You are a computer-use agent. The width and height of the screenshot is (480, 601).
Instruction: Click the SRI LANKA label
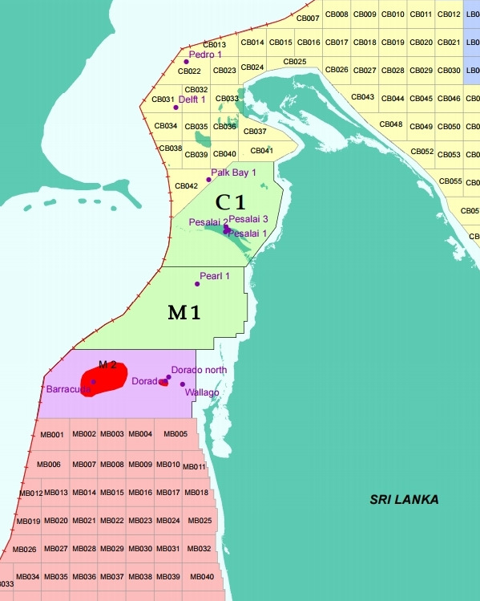pyautogui.click(x=404, y=499)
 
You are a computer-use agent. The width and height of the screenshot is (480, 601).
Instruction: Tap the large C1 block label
pyautogui.click(x=230, y=203)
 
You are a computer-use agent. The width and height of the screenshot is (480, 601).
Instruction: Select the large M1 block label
pyautogui.click(x=184, y=312)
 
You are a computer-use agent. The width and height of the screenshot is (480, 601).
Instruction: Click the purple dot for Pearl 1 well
pyautogui.click(x=197, y=284)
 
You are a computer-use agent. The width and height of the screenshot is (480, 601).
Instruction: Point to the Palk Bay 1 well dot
pyautogui.click(x=209, y=179)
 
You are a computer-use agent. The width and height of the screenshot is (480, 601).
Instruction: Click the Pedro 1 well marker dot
pyautogui.click(x=186, y=62)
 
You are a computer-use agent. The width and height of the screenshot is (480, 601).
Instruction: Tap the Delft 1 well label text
pyautogui.click(x=192, y=99)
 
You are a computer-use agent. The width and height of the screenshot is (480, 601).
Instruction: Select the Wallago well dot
pyautogui.click(x=183, y=384)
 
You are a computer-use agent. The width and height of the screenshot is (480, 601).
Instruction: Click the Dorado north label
pyautogui.click(x=199, y=370)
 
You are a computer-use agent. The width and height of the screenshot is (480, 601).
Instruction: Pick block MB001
pyautogui.click(x=51, y=435)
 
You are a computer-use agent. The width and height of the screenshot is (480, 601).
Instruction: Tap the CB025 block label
pyautogui.click(x=295, y=62)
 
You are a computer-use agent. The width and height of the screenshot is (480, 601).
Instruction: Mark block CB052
pyautogui.click(x=422, y=152)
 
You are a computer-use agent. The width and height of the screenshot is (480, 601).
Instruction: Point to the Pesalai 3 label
pyautogui.click(x=248, y=218)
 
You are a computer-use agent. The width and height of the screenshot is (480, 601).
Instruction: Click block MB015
pyautogui.click(x=112, y=493)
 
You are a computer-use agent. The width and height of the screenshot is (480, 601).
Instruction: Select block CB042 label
pyautogui.click(x=187, y=186)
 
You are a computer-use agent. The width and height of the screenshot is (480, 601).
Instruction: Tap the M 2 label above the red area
pyautogui.click(x=108, y=365)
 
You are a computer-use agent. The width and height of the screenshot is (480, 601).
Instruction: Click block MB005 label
pyautogui.click(x=175, y=434)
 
